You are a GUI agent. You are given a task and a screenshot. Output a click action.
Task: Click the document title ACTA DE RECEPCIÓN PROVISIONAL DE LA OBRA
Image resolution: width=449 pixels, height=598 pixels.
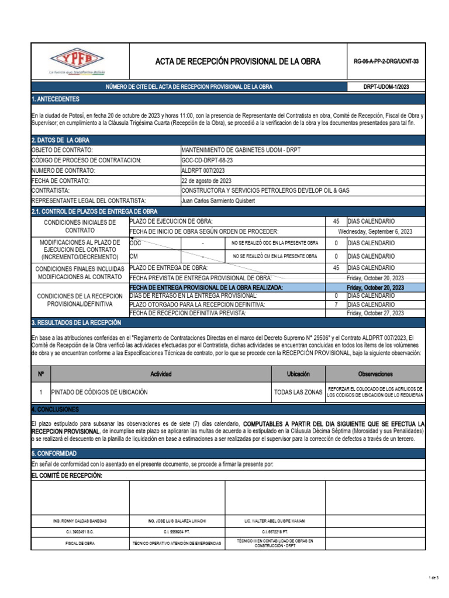[x=237, y=61]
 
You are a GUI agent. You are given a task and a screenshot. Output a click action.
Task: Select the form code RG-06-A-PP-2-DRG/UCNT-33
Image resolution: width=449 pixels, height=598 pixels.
[x=386, y=61]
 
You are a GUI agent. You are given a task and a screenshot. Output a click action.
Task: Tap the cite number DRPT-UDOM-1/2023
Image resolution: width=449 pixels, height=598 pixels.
[x=386, y=86]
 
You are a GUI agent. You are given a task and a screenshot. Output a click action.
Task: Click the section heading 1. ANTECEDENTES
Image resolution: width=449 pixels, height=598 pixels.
[x=56, y=99]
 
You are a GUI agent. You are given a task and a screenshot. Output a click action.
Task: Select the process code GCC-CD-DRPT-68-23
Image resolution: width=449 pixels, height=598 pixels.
[x=207, y=160]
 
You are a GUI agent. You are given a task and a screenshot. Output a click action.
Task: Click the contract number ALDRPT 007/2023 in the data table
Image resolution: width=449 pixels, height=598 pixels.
[x=203, y=170]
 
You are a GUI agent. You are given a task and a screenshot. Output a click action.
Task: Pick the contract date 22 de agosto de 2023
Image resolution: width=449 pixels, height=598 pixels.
[x=206, y=180]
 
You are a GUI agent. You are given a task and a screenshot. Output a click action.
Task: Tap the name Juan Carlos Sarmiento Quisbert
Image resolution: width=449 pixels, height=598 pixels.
[x=219, y=200]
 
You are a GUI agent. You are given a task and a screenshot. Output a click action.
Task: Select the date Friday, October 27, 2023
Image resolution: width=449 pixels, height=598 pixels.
[x=375, y=313]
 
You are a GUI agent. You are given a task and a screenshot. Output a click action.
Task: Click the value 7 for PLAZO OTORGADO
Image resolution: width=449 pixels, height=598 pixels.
[x=336, y=304]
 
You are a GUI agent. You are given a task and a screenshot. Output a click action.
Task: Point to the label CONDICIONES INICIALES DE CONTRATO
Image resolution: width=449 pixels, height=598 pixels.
[x=79, y=227]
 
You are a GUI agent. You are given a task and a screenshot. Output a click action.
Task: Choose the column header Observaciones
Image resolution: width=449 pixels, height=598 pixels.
[x=375, y=374]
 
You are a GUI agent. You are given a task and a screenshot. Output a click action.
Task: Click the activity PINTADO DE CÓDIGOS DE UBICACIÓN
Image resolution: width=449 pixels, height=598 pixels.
[x=100, y=392]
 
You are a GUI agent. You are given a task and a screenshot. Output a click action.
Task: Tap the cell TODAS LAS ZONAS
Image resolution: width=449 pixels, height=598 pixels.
[x=298, y=392]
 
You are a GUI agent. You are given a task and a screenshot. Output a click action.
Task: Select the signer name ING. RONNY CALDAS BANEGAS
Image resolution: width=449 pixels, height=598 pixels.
[x=80, y=520]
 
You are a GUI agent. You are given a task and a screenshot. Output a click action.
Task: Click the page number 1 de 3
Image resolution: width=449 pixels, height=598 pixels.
[x=433, y=578]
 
